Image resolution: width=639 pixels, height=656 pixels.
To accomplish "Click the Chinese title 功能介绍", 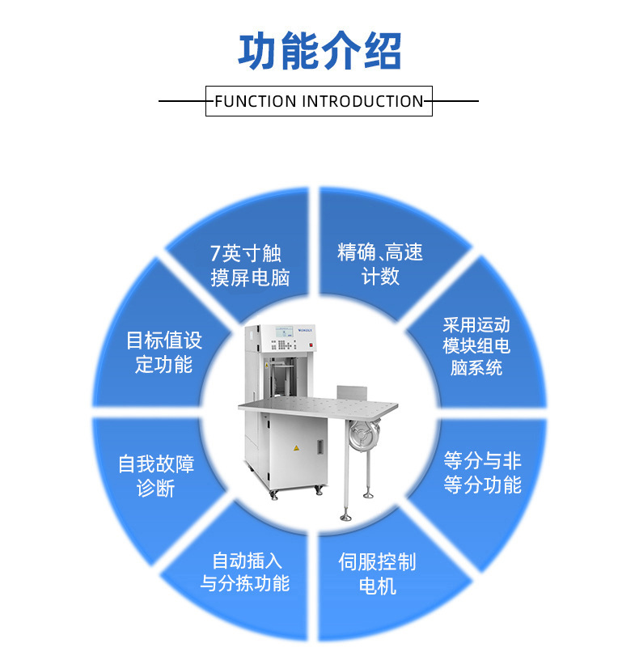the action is (319, 52).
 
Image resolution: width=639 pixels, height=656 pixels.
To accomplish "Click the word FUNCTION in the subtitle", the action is (255, 102).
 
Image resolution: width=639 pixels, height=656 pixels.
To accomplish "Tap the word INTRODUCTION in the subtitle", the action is (362, 102).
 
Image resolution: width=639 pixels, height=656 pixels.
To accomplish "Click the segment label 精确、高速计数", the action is (380, 265).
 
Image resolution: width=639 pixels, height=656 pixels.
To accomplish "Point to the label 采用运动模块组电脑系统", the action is (476, 346).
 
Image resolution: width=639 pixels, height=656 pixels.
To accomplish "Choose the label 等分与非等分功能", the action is (483, 473).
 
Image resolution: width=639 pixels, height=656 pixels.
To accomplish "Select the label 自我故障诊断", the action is (156, 476).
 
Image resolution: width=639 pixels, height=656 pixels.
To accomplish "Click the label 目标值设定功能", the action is (163, 352).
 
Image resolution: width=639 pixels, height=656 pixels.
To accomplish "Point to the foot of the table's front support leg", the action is (346, 514).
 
